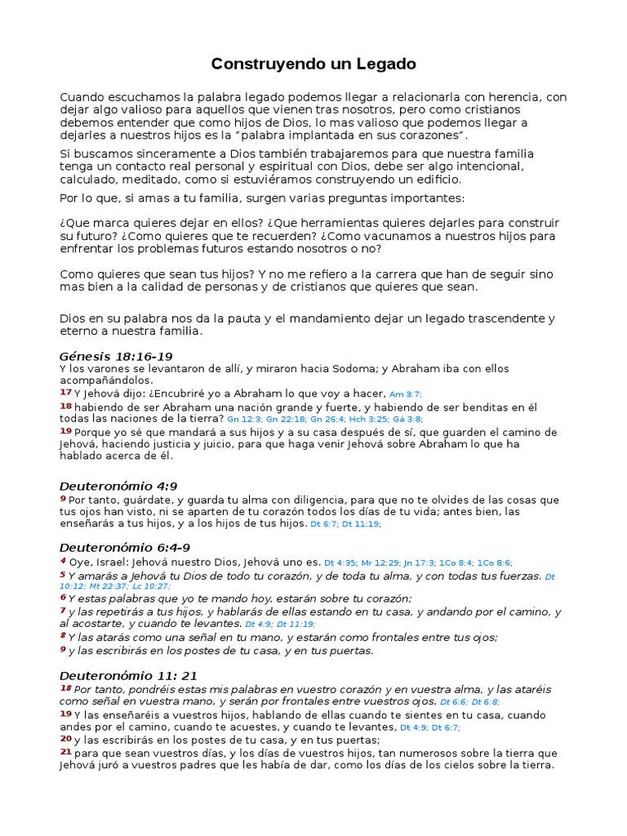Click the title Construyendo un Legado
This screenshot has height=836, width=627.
pos(313,63)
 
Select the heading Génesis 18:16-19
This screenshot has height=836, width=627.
pos(116,356)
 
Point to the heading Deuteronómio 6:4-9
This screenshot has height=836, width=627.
pos(125,547)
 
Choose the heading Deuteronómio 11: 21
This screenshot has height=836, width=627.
pos(128,675)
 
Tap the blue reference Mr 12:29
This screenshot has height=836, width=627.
pos(378,563)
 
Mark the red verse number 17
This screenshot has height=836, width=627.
pos(65,393)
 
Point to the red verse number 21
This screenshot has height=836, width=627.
pos(65,752)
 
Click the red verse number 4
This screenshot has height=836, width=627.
pos(63,562)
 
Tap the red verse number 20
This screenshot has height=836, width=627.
pos(65,739)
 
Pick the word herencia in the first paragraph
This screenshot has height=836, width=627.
pos(514,97)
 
